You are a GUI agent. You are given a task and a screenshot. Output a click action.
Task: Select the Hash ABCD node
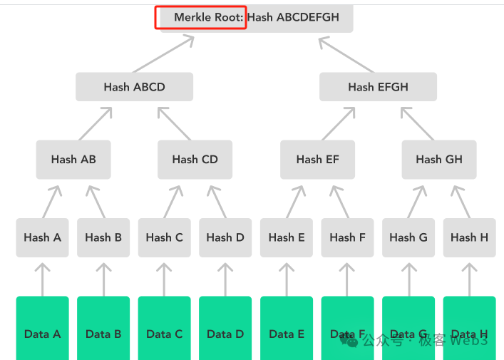click(x=134, y=87)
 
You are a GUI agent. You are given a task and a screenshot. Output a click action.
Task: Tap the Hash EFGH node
click(x=378, y=87)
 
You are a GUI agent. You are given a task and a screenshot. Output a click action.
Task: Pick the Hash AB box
click(x=73, y=160)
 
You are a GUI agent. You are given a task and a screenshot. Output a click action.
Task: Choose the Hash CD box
click(x=195, y=160)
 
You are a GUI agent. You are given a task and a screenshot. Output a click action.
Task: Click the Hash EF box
click(x=317, y=160)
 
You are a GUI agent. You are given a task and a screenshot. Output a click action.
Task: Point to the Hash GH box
click(x=438, y=160)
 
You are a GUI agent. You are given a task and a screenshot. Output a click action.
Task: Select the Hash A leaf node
click(x=42, y=237)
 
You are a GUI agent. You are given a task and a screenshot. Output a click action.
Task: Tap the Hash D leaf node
click(x=225, y=237)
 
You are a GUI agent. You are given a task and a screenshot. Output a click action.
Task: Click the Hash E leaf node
click(x=287, y=237)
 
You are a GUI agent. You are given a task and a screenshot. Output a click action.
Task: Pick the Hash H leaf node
click(x=469, y=237)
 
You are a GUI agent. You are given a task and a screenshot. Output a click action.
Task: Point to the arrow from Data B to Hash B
click(x=103, y=279)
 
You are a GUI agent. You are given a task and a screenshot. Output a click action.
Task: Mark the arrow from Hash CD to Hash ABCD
click(x=175, y=123)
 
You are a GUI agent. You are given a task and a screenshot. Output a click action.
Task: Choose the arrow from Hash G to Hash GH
click(x=419, y=202)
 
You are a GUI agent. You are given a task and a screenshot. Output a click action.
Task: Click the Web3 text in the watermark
click(x=469, y=341)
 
